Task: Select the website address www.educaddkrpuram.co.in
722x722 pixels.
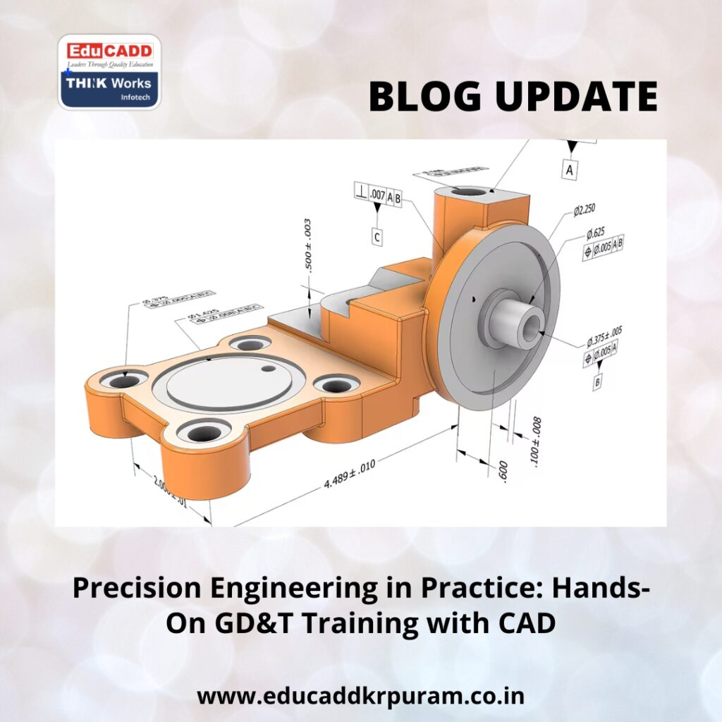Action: (x=360, y=697)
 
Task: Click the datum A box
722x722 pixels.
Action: (x=570, y=170)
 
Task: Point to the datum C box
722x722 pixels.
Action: (x=378, y=237)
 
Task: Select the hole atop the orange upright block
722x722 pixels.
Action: (x=467, y=191)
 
